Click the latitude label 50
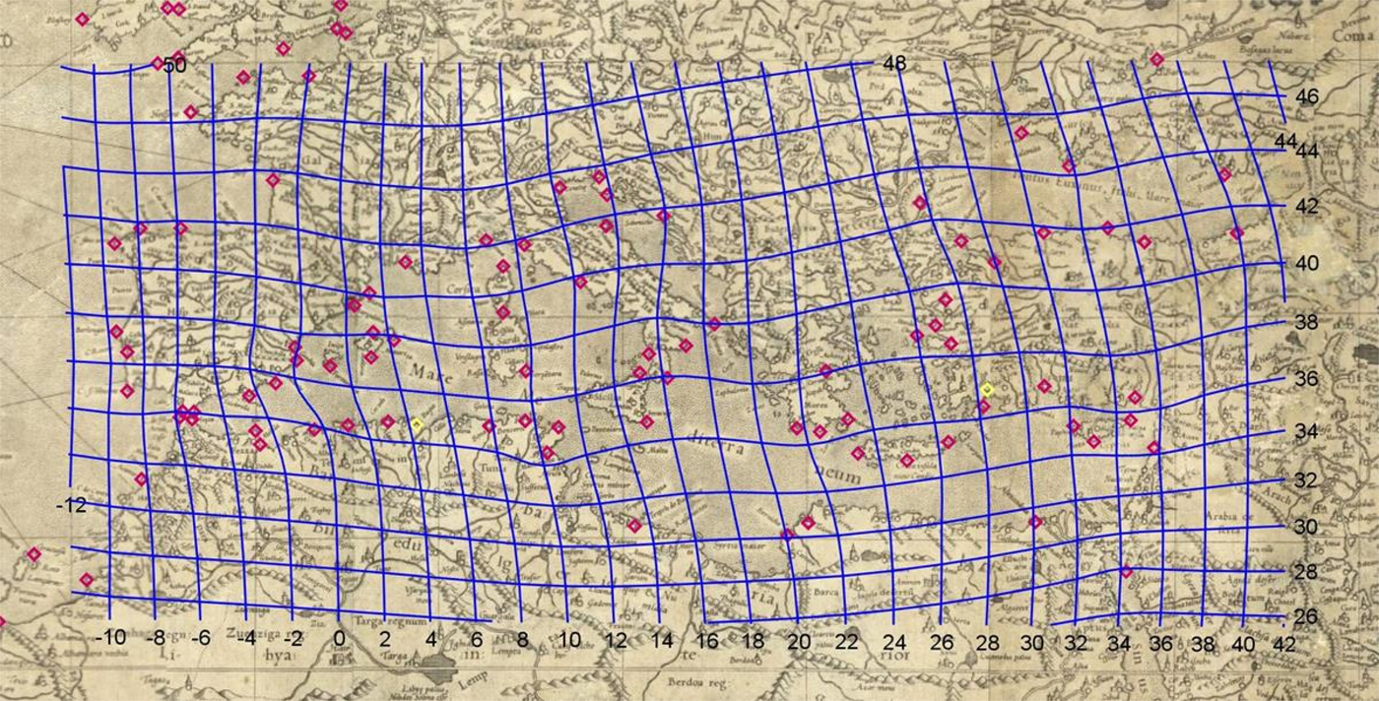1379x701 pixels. coord(175,65)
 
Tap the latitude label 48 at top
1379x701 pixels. coord(894,64)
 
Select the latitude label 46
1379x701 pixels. coord(1307,97)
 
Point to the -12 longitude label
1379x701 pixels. coord(71,505)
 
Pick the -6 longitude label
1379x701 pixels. coord(201,639)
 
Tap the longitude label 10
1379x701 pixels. coord(569,641)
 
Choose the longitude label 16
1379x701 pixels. coord(705,641)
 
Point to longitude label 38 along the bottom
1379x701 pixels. coord(1203,643)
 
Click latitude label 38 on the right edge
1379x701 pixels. coord(1306,322)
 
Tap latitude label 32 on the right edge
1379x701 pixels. coord(1306,480)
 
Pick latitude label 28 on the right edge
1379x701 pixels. coord(1306,572)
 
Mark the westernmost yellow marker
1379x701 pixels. coord(417,424)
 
